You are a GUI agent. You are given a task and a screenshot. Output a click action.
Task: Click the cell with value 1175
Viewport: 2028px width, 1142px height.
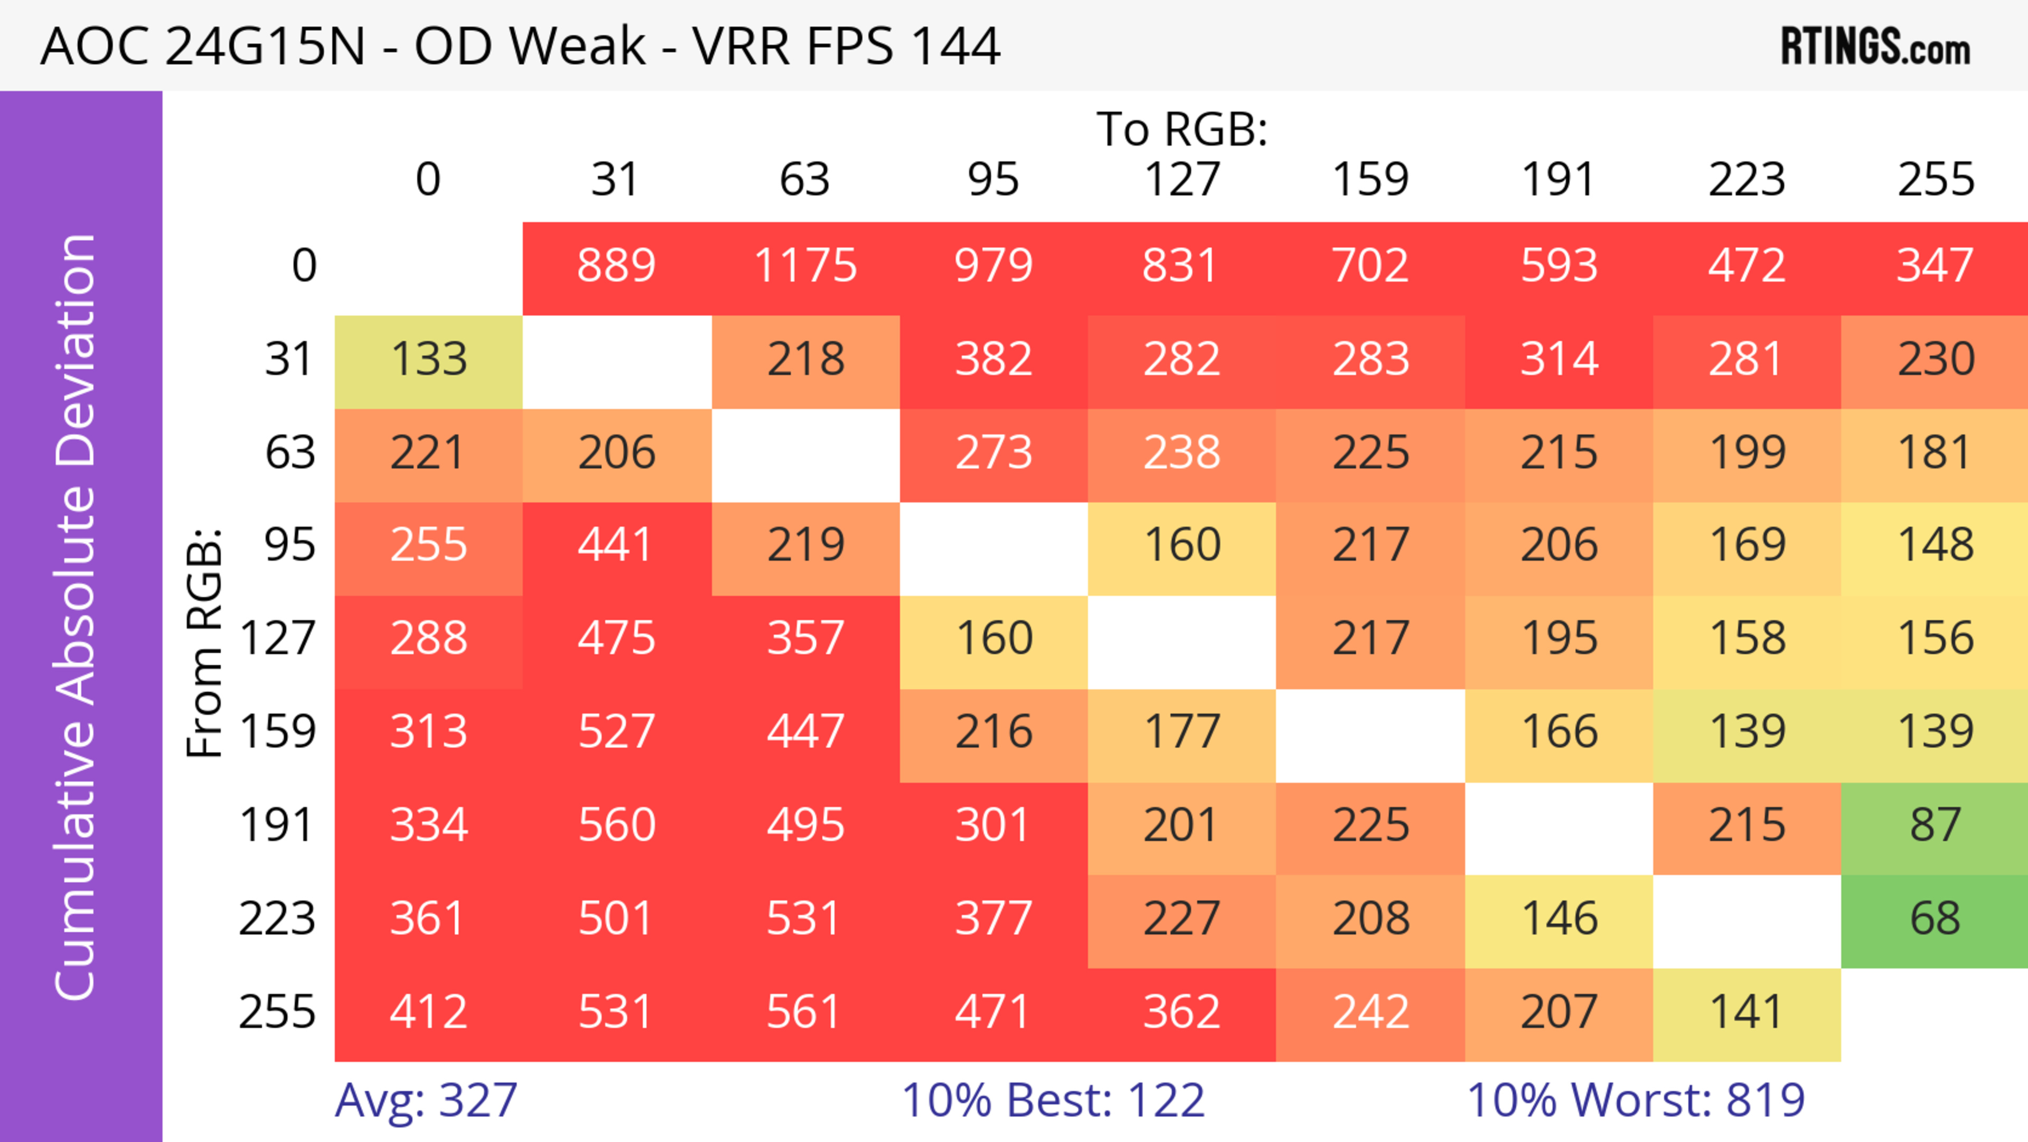coord(805,265)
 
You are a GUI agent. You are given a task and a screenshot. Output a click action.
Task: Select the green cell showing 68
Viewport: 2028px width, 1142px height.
coord(1935,918)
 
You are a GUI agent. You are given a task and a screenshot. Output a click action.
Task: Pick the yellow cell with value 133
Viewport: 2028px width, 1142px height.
coord(428,359)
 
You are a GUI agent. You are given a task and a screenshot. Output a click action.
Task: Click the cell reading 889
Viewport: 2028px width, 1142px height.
coord(616,265)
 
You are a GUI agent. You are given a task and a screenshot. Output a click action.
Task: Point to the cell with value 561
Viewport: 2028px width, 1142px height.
coord(805,1012)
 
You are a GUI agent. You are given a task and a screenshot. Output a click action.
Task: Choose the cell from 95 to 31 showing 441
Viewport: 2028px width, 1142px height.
coord(616,545)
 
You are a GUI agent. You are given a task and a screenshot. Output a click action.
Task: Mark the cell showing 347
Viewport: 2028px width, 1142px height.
coord(1935,265)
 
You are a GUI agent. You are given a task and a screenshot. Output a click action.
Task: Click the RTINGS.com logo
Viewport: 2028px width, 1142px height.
coord(1875,47)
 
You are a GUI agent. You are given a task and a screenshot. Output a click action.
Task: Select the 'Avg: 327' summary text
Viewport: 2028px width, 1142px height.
coord(426,1100)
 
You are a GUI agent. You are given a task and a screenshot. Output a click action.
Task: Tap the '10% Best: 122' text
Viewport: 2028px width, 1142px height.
coord(1053,1100)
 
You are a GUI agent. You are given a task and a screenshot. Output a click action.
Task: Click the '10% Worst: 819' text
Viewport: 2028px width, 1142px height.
coord(1635,1100)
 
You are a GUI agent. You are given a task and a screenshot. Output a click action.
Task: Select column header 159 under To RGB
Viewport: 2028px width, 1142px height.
coord(1370,180)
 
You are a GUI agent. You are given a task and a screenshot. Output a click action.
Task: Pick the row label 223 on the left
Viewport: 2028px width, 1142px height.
coord(277,918)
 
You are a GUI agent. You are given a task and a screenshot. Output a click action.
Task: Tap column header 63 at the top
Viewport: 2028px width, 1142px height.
coord(804,180)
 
